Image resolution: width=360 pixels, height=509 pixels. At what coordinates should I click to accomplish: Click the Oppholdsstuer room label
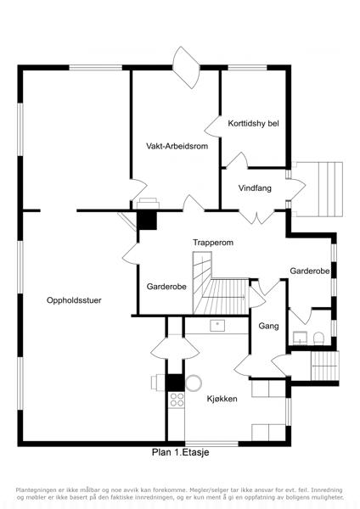click(x=74, y=300)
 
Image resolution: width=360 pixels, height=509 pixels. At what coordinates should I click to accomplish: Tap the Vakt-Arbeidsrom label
click(x=177, y=146)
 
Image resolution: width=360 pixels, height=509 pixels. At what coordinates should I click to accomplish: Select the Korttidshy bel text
click(x=253, y=124)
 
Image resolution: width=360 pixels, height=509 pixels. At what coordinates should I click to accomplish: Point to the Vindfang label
click(x=255, y=188)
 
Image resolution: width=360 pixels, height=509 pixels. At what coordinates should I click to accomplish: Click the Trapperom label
click(x=213, y=243)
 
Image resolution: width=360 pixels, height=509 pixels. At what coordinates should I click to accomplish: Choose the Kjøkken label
click(x=222, y=399)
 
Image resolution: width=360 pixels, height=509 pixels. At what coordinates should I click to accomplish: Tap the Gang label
click(x=268, y=326)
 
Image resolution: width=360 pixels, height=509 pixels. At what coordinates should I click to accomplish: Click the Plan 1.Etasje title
click(x=181, y=452)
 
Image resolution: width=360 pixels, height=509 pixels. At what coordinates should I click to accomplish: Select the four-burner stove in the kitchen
click(x=177, y=400)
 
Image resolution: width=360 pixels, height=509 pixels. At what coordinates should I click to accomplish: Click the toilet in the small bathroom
click(x=318, y=338)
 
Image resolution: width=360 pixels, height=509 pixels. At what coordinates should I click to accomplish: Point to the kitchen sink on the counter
click(x=217, y=326)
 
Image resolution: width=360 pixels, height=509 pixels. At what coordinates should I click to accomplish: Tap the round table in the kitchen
click(x=194, y=383)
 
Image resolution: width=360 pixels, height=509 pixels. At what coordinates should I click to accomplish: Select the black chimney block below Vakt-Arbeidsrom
click(x=147, y=220)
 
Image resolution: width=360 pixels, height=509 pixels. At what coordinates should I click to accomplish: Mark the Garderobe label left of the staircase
click(x=166, y=287)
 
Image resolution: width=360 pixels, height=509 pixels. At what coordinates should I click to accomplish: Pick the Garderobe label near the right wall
click(x=310, y=271)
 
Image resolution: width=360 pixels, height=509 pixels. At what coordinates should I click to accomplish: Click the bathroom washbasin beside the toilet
click(x=301, y=338)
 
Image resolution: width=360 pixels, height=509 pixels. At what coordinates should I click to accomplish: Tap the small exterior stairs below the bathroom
click(x=325, y=366)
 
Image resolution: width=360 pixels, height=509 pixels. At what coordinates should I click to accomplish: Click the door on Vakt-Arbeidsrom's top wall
click(x=187, y=67)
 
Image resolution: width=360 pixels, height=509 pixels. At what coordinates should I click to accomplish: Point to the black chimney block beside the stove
click(x=176, y=383)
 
